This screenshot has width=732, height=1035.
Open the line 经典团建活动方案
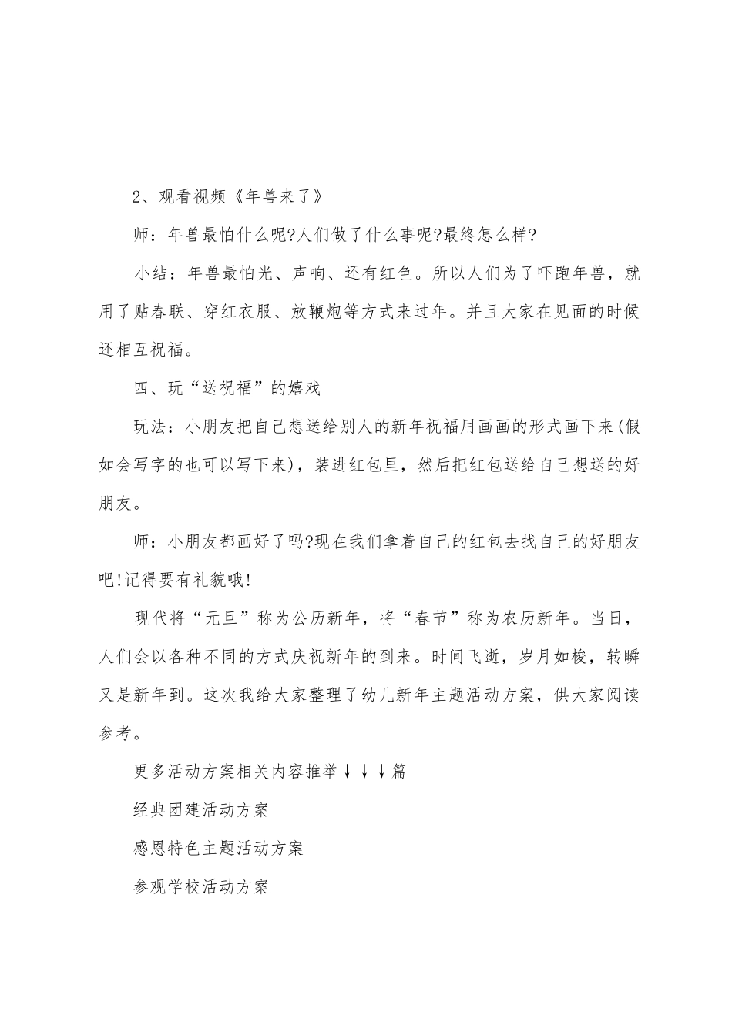[200, 809]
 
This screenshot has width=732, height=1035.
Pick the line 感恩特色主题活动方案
[217, 848]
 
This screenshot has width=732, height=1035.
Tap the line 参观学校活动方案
[200, 886]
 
